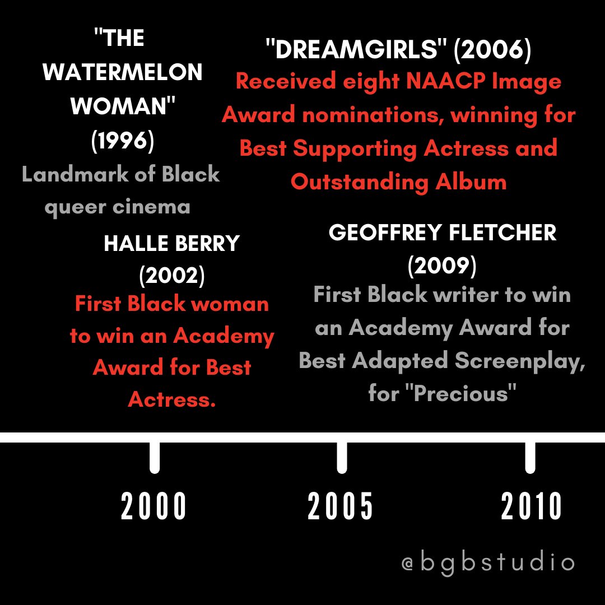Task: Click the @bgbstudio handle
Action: click(x=488, y=562)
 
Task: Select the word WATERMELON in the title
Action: click(x=123, y=72)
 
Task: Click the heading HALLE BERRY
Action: click(x=171, y=244)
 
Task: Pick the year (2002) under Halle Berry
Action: click(x=171, y=275)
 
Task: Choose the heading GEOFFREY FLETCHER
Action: click(x=443, y=233)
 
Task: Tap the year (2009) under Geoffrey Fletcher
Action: click(x=442, y=265)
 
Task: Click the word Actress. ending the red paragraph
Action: click(x=171, y=400)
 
